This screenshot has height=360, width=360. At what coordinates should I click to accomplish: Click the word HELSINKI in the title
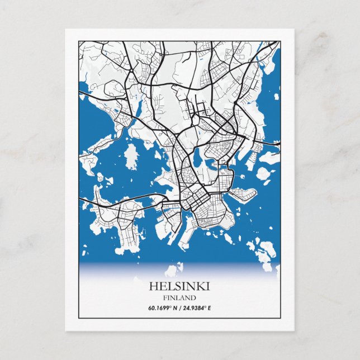click(x=179, y=286)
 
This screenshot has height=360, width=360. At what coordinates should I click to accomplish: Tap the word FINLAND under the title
click(x=179, y=297)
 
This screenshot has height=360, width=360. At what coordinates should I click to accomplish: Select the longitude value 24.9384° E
click(x=198, y=308)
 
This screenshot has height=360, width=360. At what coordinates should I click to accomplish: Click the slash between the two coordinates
click(x=180, y=308)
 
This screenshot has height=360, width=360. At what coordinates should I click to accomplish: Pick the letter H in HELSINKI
click(x=153, y=286)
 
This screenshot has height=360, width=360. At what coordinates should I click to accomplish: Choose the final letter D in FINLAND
click(x=193, y=297)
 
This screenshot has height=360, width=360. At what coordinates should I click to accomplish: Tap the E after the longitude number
click(x=210, y=308)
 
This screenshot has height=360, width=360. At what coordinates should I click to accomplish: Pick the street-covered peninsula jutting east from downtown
click(x=244, y=195)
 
